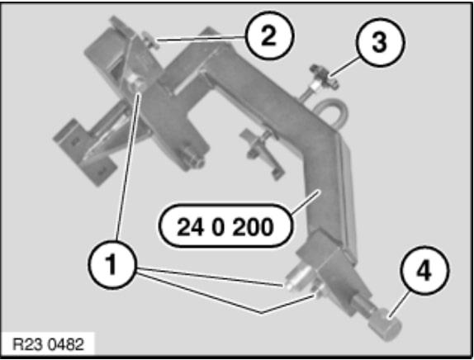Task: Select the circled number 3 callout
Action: (375, 44)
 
